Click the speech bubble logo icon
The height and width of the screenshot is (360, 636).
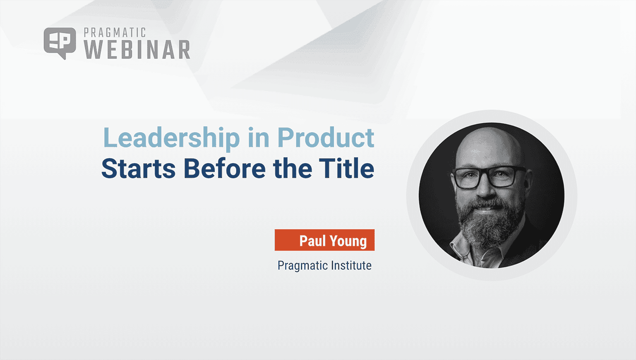60,43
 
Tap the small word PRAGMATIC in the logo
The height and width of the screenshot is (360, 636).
115,33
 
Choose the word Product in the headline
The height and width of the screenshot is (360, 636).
327,138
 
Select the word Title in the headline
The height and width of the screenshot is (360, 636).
350,169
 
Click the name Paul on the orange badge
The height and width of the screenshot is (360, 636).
314,240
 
